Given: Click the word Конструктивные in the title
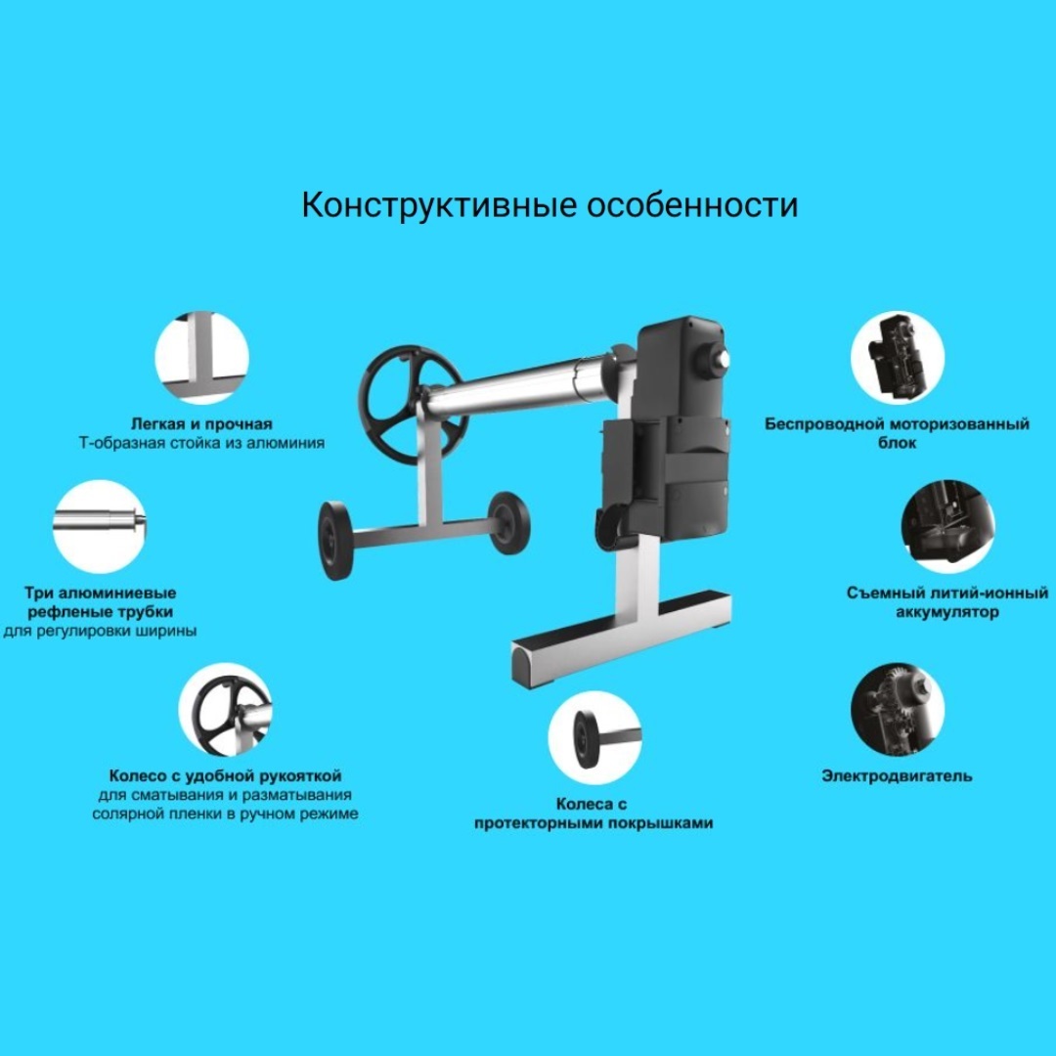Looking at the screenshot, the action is point(439,204).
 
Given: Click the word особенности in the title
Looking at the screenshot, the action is point(692,204).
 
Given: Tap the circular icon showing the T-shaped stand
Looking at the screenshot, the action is point(202,358).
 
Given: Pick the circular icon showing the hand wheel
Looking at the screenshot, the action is point(226,710).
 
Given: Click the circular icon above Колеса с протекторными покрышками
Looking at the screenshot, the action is point(594,737).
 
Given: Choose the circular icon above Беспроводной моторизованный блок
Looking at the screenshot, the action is point(897,358).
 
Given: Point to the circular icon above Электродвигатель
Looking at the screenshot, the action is point(897,710).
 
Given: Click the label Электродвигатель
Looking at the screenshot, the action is point(897,775).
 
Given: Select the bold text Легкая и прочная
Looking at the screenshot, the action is point(202,424).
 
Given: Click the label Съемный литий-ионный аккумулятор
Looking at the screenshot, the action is point(947,602).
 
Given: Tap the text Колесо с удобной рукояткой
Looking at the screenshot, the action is point(226,775).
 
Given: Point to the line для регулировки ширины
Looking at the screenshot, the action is point(100,632).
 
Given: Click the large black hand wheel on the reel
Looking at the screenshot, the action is point(413,405).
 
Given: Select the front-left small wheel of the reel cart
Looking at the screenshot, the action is point(334,540).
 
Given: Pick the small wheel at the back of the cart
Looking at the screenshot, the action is point(508,522).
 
